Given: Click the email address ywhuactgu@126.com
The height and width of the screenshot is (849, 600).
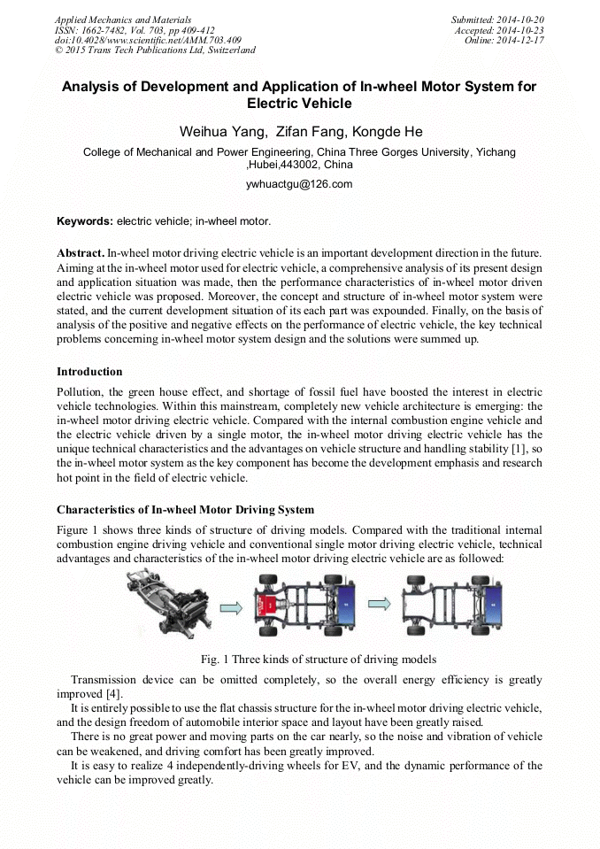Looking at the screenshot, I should [x=299, y=184].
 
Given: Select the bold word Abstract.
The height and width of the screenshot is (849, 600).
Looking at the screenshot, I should [x=81, y=253].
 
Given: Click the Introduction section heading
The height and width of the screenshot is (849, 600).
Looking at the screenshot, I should [x=89, y=371].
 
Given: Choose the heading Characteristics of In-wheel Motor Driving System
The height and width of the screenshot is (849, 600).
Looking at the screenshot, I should [x=185, y=510].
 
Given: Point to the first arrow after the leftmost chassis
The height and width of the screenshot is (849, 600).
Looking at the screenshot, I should [x=230, y=606].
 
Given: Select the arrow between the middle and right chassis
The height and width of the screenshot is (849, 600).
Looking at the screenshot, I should [x=379, y=604].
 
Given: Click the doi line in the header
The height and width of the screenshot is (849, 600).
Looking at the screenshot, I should [x=147, y=40].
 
